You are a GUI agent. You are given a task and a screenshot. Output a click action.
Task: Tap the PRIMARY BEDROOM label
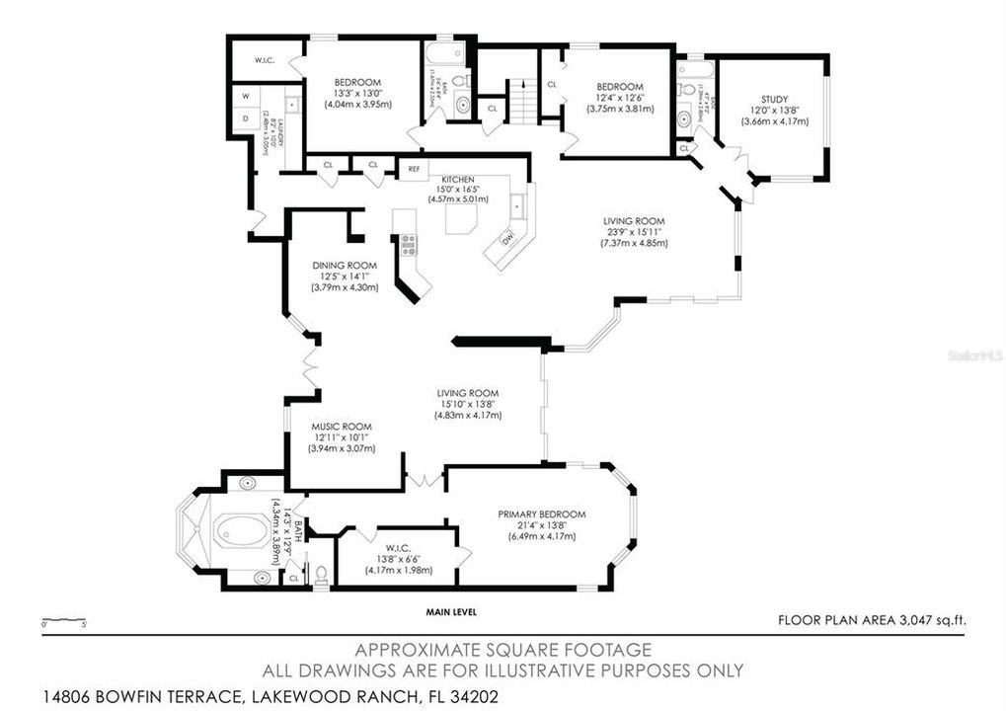point(541,514)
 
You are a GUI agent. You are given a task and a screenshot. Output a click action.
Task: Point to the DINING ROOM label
point(345,265)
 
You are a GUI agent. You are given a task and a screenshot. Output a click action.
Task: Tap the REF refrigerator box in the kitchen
point(415,169)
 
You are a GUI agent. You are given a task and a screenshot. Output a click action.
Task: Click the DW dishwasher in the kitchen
point(507,238)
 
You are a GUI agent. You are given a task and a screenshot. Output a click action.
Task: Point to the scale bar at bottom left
point(65,623)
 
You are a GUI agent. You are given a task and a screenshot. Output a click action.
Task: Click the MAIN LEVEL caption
point(451,612)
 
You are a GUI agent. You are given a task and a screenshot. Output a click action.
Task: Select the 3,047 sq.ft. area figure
point(930,620)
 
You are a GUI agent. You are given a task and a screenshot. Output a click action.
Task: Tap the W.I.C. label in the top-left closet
point(264,60)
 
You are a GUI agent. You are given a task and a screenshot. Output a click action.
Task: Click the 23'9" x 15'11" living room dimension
point(635,232)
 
